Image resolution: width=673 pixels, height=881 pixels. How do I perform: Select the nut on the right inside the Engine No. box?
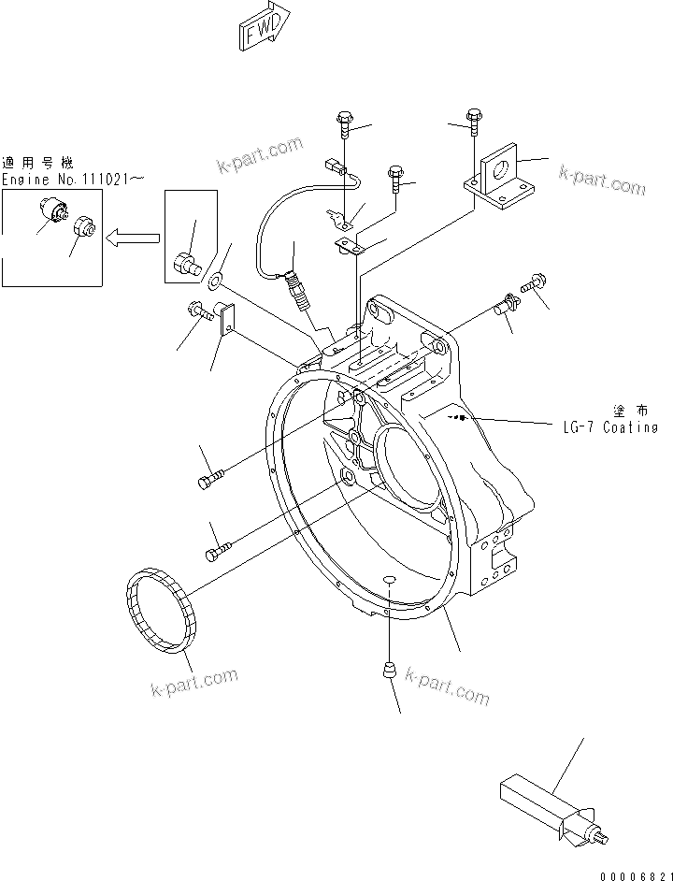[84, 226]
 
